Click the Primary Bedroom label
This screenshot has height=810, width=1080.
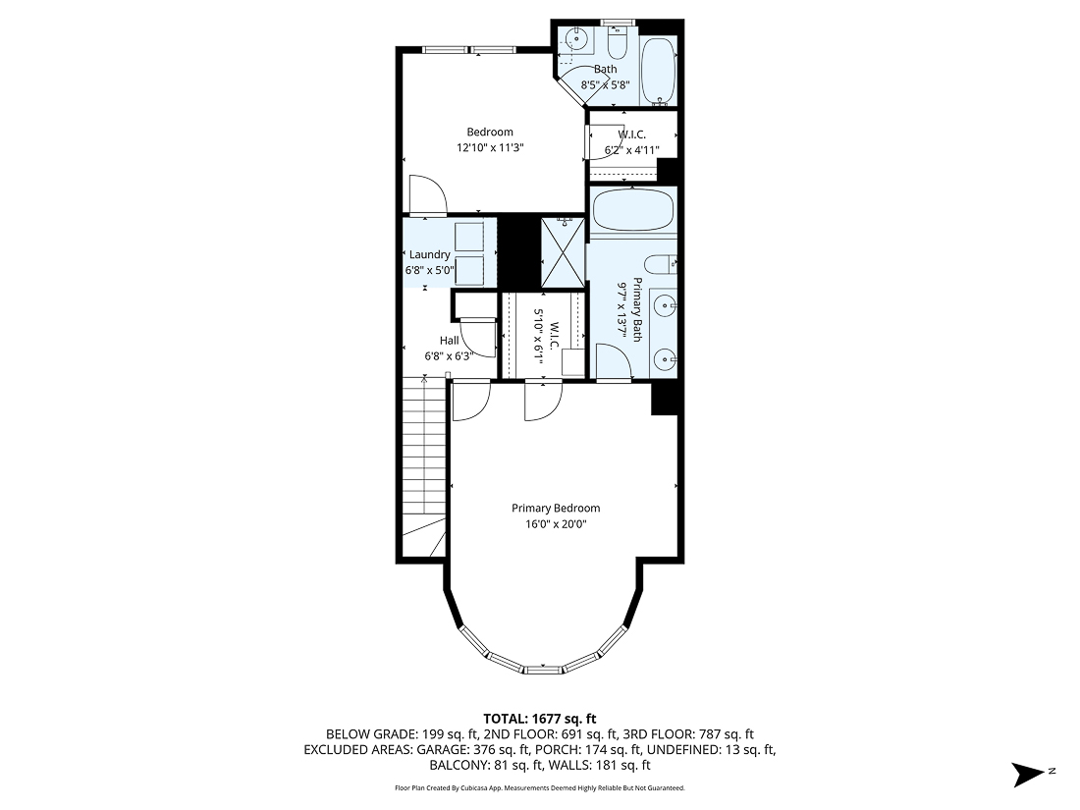(555, 508)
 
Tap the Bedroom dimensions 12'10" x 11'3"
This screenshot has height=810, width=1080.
(490, 148)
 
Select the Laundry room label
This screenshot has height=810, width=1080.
(429, 254)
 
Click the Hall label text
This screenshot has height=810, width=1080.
(449, 340)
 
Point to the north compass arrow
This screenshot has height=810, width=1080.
(1031, 774)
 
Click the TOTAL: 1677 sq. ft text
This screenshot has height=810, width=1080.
(539, 718)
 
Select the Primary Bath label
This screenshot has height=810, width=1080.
(636, 310)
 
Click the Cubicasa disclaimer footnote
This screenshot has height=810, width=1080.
(539, 788)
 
